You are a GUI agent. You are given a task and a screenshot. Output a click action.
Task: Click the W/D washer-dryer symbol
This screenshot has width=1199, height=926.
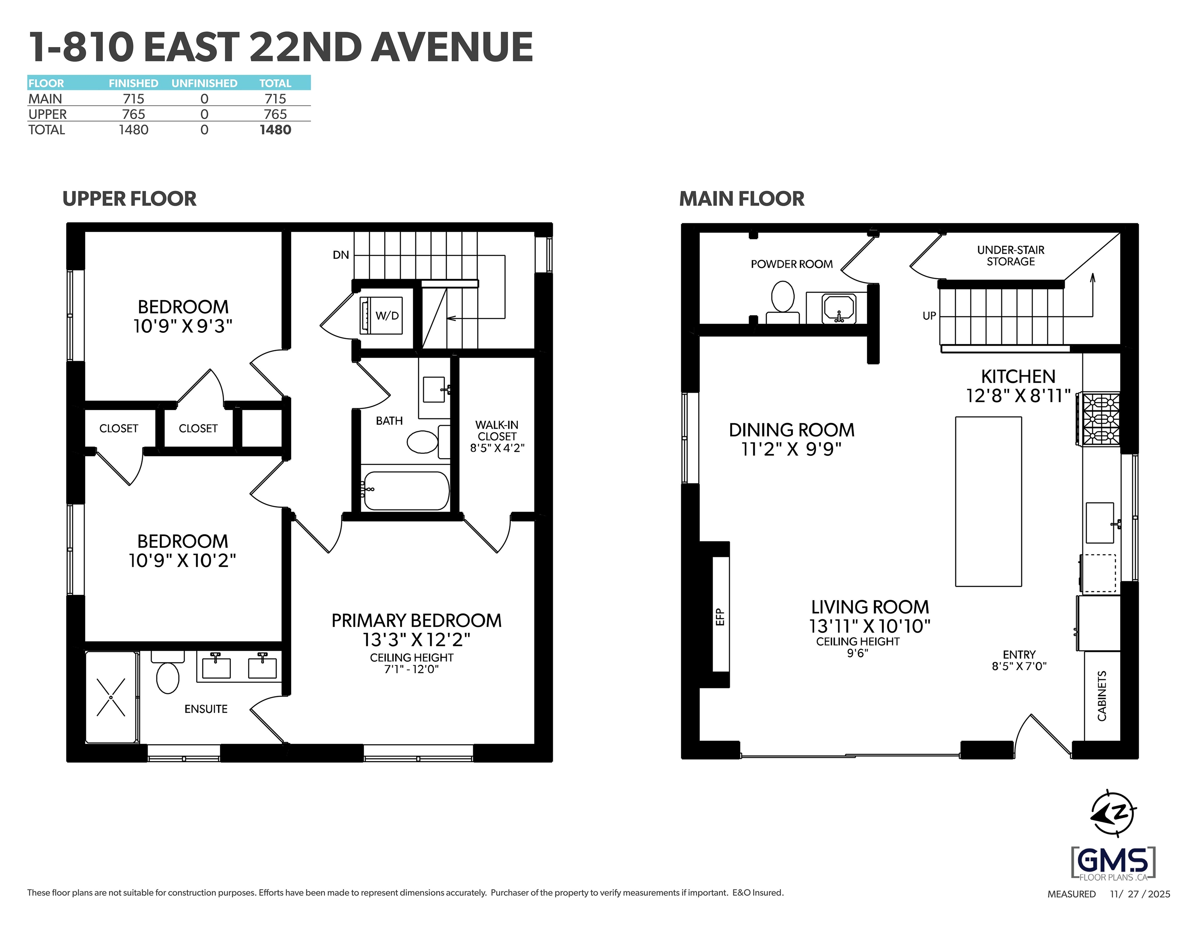(x=381, y=315)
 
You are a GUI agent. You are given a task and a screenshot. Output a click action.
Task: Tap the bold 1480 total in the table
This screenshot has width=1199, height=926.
(x=275, y=130)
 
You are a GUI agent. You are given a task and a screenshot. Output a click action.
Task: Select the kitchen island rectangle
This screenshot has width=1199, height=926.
(x=988, y=502)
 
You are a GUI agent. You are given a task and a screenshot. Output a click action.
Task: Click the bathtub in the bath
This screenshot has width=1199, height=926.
(x=406, y=490)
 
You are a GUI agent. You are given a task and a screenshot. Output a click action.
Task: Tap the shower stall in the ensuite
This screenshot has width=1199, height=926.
(x=111, y=697)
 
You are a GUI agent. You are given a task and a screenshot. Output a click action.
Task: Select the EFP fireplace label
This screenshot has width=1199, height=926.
(x=720, y=617)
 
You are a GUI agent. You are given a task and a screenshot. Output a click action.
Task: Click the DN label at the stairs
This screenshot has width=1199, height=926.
(x=341, y=255)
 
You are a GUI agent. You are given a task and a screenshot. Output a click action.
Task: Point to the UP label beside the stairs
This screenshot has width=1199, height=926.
(x=929, y=316)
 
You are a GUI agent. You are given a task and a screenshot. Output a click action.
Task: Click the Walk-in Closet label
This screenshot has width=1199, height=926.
(x=497, y=430)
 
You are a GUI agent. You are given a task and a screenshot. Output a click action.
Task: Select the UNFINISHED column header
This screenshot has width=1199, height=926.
(x=204, y=84)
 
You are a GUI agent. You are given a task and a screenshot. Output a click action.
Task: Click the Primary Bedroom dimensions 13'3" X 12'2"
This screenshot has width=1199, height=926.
(x=417, y=640)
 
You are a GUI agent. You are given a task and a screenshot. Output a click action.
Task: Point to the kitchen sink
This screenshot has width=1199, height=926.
(x=1100, y=522)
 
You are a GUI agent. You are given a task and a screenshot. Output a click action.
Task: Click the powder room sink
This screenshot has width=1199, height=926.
(x=838, y=309)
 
